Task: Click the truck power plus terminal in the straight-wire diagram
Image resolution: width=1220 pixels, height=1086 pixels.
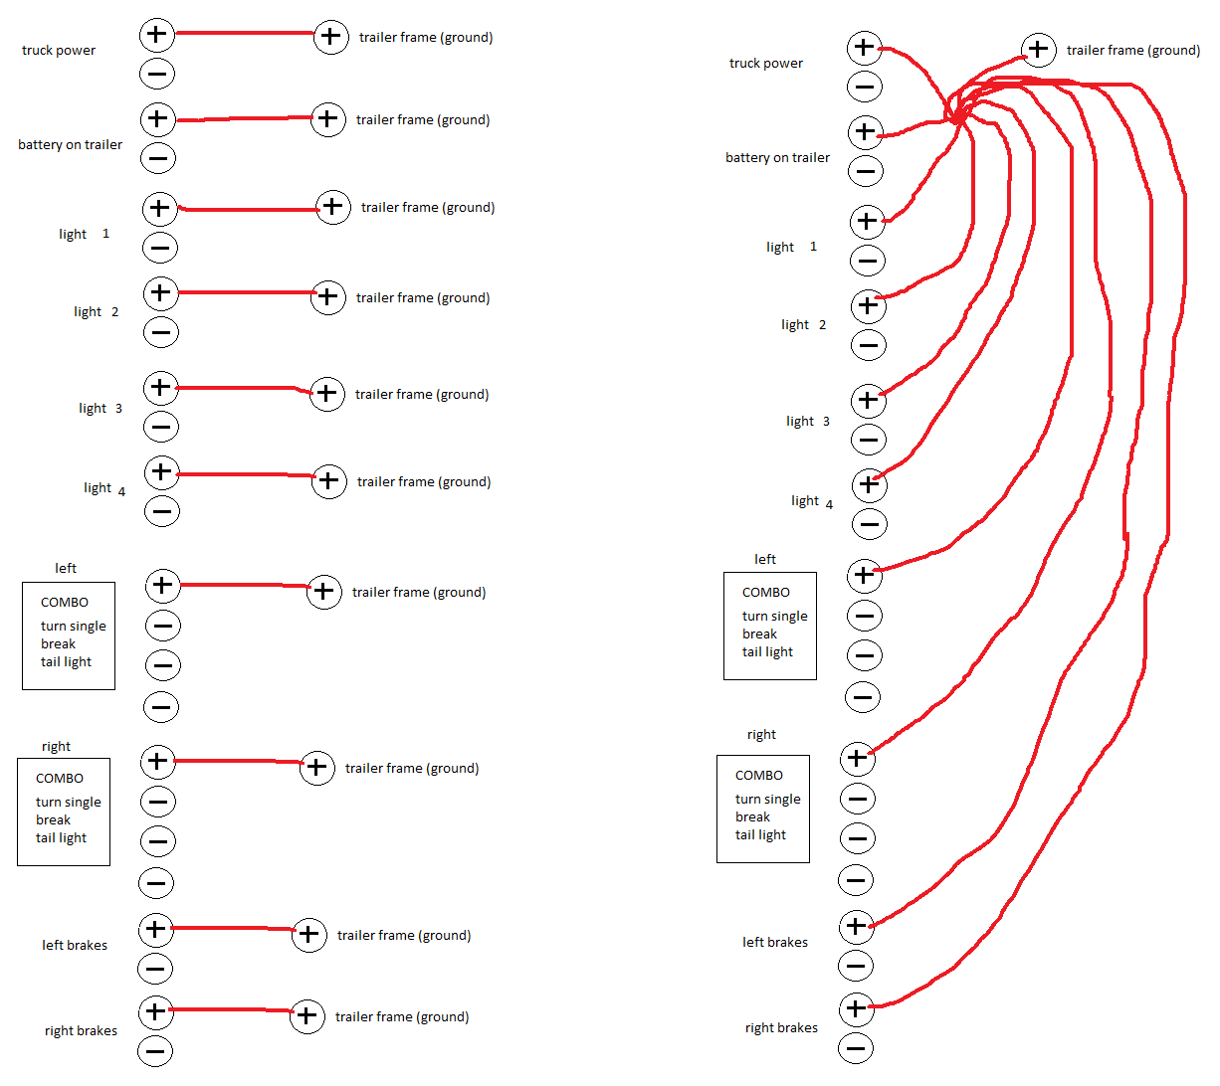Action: click(x=156, y=35)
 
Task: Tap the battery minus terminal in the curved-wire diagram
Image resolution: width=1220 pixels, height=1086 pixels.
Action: click(x=866, y=171)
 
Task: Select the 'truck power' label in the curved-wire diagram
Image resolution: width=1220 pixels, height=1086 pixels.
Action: click(x=765, y=64)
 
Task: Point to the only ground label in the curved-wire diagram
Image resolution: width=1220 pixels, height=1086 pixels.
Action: click(x=1132, y=51)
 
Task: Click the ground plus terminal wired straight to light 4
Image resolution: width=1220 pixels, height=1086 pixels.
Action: click(x=329, y=481)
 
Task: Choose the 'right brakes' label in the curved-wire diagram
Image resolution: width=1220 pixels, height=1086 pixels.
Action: click(x=781, y=1028)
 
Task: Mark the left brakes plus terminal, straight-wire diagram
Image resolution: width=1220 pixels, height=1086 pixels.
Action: click(x=155, y=929)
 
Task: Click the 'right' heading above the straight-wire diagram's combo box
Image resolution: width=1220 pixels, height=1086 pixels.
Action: click(x=56, y=747)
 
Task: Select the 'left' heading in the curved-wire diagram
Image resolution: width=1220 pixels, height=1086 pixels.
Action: click(x=764, y=560)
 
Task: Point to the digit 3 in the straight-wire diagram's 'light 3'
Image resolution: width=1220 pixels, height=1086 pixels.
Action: click(x=118, y=409)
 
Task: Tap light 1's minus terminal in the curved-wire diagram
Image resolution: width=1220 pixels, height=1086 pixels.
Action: click(x=867, y=261)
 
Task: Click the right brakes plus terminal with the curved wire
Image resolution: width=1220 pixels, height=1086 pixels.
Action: click(x=856, y=1008)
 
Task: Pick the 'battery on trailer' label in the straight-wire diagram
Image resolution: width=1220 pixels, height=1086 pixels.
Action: click(x=70, y=145)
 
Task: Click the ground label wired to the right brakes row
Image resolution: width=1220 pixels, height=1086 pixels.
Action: click(x=401, y=1017)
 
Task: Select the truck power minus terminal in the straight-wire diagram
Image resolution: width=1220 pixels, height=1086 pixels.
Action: click(x=157, y=74)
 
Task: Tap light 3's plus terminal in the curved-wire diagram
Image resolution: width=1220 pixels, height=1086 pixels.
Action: click(x=868, y=400)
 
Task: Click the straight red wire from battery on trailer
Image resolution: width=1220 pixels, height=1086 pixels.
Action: click(x=244, y=119)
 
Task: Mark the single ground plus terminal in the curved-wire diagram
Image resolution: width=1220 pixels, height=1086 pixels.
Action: click(x=1038, y=48)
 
